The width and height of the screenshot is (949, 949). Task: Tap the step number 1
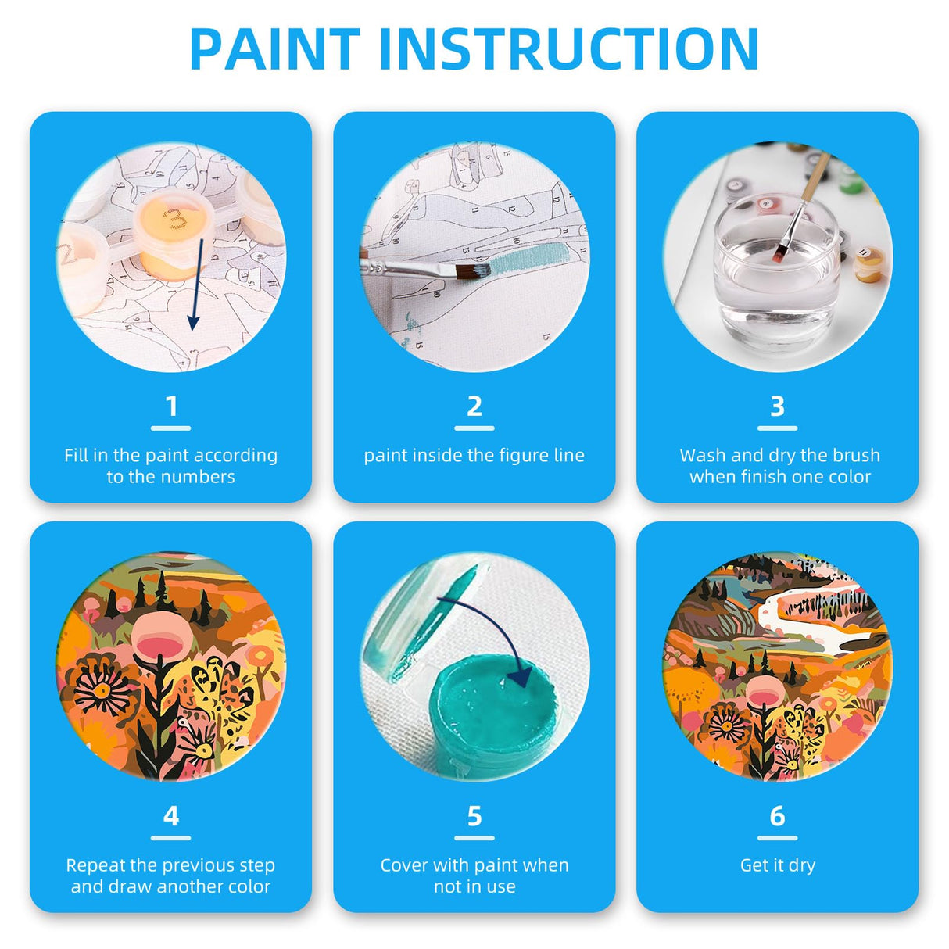tap(171, 406)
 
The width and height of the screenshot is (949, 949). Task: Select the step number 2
tap(474, 406)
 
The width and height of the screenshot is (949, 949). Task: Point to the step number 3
tap(777, 406)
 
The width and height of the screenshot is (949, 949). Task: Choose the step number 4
tap(171, 816)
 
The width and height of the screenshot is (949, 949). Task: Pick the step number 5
tap(474, 816)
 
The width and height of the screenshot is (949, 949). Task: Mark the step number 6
tap(777, 816)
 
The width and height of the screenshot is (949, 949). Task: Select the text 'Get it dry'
tap(777, 865)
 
